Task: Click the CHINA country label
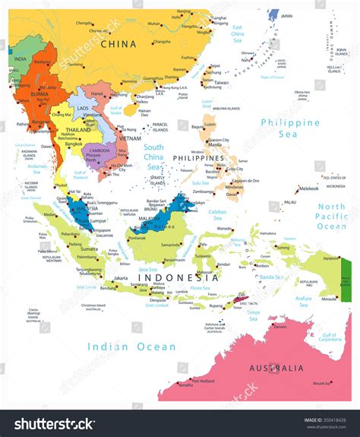(x=113, y=44)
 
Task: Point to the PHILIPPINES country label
(x=199, y=157)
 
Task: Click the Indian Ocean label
(x=131, y=347)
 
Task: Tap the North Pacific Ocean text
(x=331, y=217)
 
